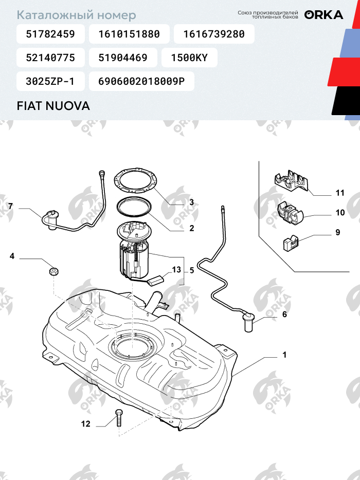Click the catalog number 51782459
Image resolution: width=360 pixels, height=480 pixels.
[x=50, y=34]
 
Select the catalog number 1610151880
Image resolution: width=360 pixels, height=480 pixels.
[x=129, y=34]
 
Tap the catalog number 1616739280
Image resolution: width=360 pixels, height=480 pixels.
[x=214, y=34]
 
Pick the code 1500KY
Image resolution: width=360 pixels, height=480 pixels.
[x=189, y=58]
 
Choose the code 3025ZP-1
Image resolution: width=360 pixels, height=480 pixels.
[x=50, y=81]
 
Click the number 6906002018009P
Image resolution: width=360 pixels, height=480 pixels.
[x=141, y=81]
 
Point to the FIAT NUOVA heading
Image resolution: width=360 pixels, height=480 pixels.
[x=53, y=106]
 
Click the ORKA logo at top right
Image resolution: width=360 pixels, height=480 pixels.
[x=323, y=15]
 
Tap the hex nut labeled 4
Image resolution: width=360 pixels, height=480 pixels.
[x=53, y=271]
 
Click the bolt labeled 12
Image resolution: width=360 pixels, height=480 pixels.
[x=119, y=417]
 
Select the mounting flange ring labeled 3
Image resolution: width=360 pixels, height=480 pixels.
[x=135, y=180]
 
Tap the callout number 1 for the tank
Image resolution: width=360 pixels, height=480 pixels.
[x=284, y=355]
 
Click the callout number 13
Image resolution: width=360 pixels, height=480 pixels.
[x=176, y=270]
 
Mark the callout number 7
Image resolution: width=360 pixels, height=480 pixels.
[x=11, y=206]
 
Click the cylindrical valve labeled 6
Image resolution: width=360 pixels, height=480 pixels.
[x=249, y=322]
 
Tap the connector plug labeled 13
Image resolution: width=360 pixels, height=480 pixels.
[x=156, y=280]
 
